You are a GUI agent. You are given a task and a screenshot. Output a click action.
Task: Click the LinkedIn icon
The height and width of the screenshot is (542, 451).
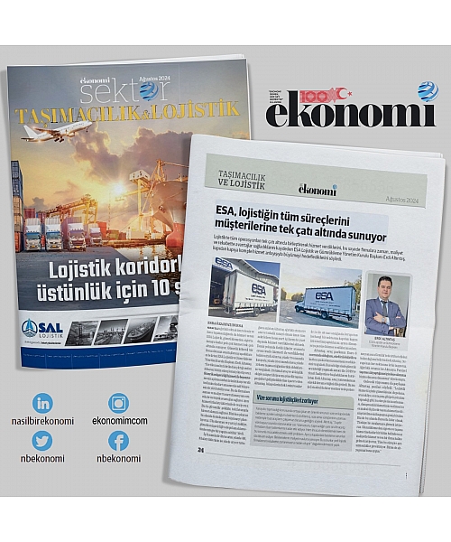point(42,403)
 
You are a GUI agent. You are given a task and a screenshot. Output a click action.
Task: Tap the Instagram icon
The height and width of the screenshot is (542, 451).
point(119,403)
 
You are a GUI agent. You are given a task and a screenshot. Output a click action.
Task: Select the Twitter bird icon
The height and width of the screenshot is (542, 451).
point(42,440)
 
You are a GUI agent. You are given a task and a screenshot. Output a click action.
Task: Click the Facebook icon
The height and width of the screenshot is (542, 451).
point(119,440)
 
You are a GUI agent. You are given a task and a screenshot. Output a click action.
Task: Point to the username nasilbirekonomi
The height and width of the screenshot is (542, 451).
point(42,421)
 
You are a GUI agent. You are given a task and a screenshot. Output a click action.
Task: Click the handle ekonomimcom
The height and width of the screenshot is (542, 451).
point(119,421)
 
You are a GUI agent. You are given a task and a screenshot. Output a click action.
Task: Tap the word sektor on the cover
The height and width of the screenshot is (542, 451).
point(109,93)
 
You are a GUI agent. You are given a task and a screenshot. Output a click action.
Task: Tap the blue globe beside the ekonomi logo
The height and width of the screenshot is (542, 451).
point(427,91)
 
